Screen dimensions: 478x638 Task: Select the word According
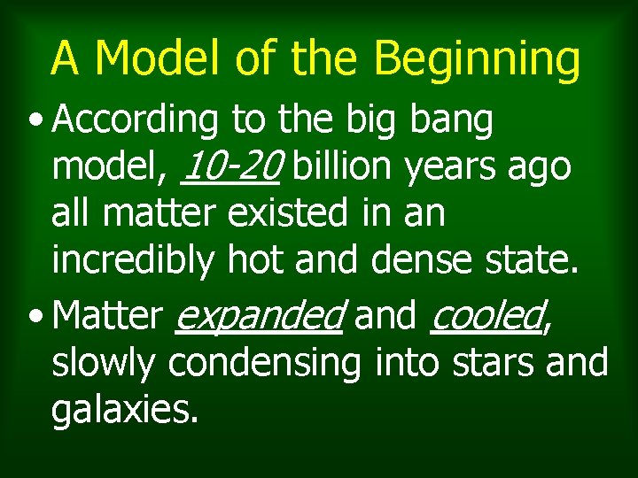coord(133,121)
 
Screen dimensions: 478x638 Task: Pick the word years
coord(453,167)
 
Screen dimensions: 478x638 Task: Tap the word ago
coord(541,167)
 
